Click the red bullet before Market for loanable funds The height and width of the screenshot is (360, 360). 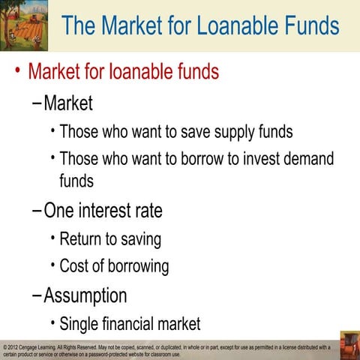[x=16, y=72]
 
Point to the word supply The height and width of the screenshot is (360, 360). [x=223, y=132]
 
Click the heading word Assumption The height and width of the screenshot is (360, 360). [x=85, y=295]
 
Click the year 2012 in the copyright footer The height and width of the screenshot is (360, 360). [x=16, y=347]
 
